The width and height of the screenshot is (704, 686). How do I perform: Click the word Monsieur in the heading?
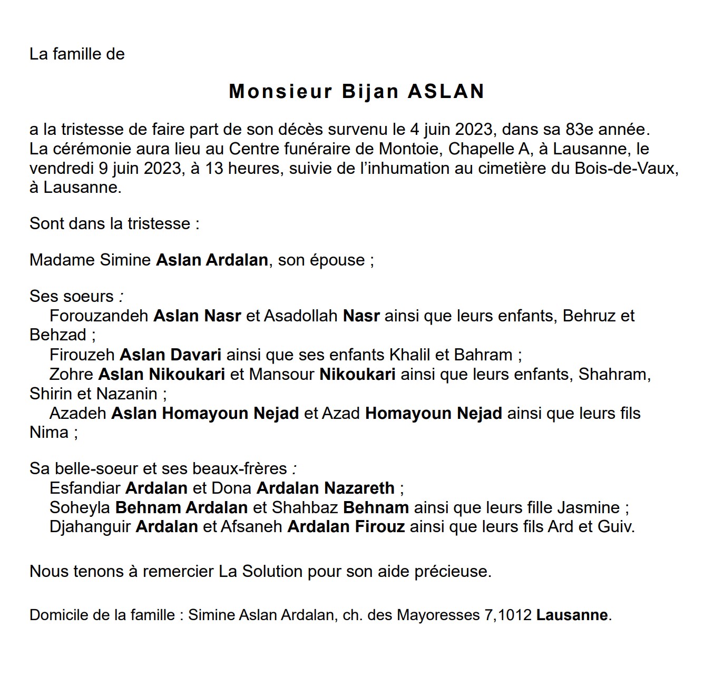click(280, 92)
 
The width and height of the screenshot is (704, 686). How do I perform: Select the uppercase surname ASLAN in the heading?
click(446, 92)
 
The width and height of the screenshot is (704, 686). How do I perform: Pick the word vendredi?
click(61, 169)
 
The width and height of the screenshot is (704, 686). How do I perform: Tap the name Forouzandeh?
click(99, 316)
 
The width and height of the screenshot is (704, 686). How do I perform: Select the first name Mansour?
click(282, 375)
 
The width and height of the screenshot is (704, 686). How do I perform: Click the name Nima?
click(49, 433)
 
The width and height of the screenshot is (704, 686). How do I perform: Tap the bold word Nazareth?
click(359, 488)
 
